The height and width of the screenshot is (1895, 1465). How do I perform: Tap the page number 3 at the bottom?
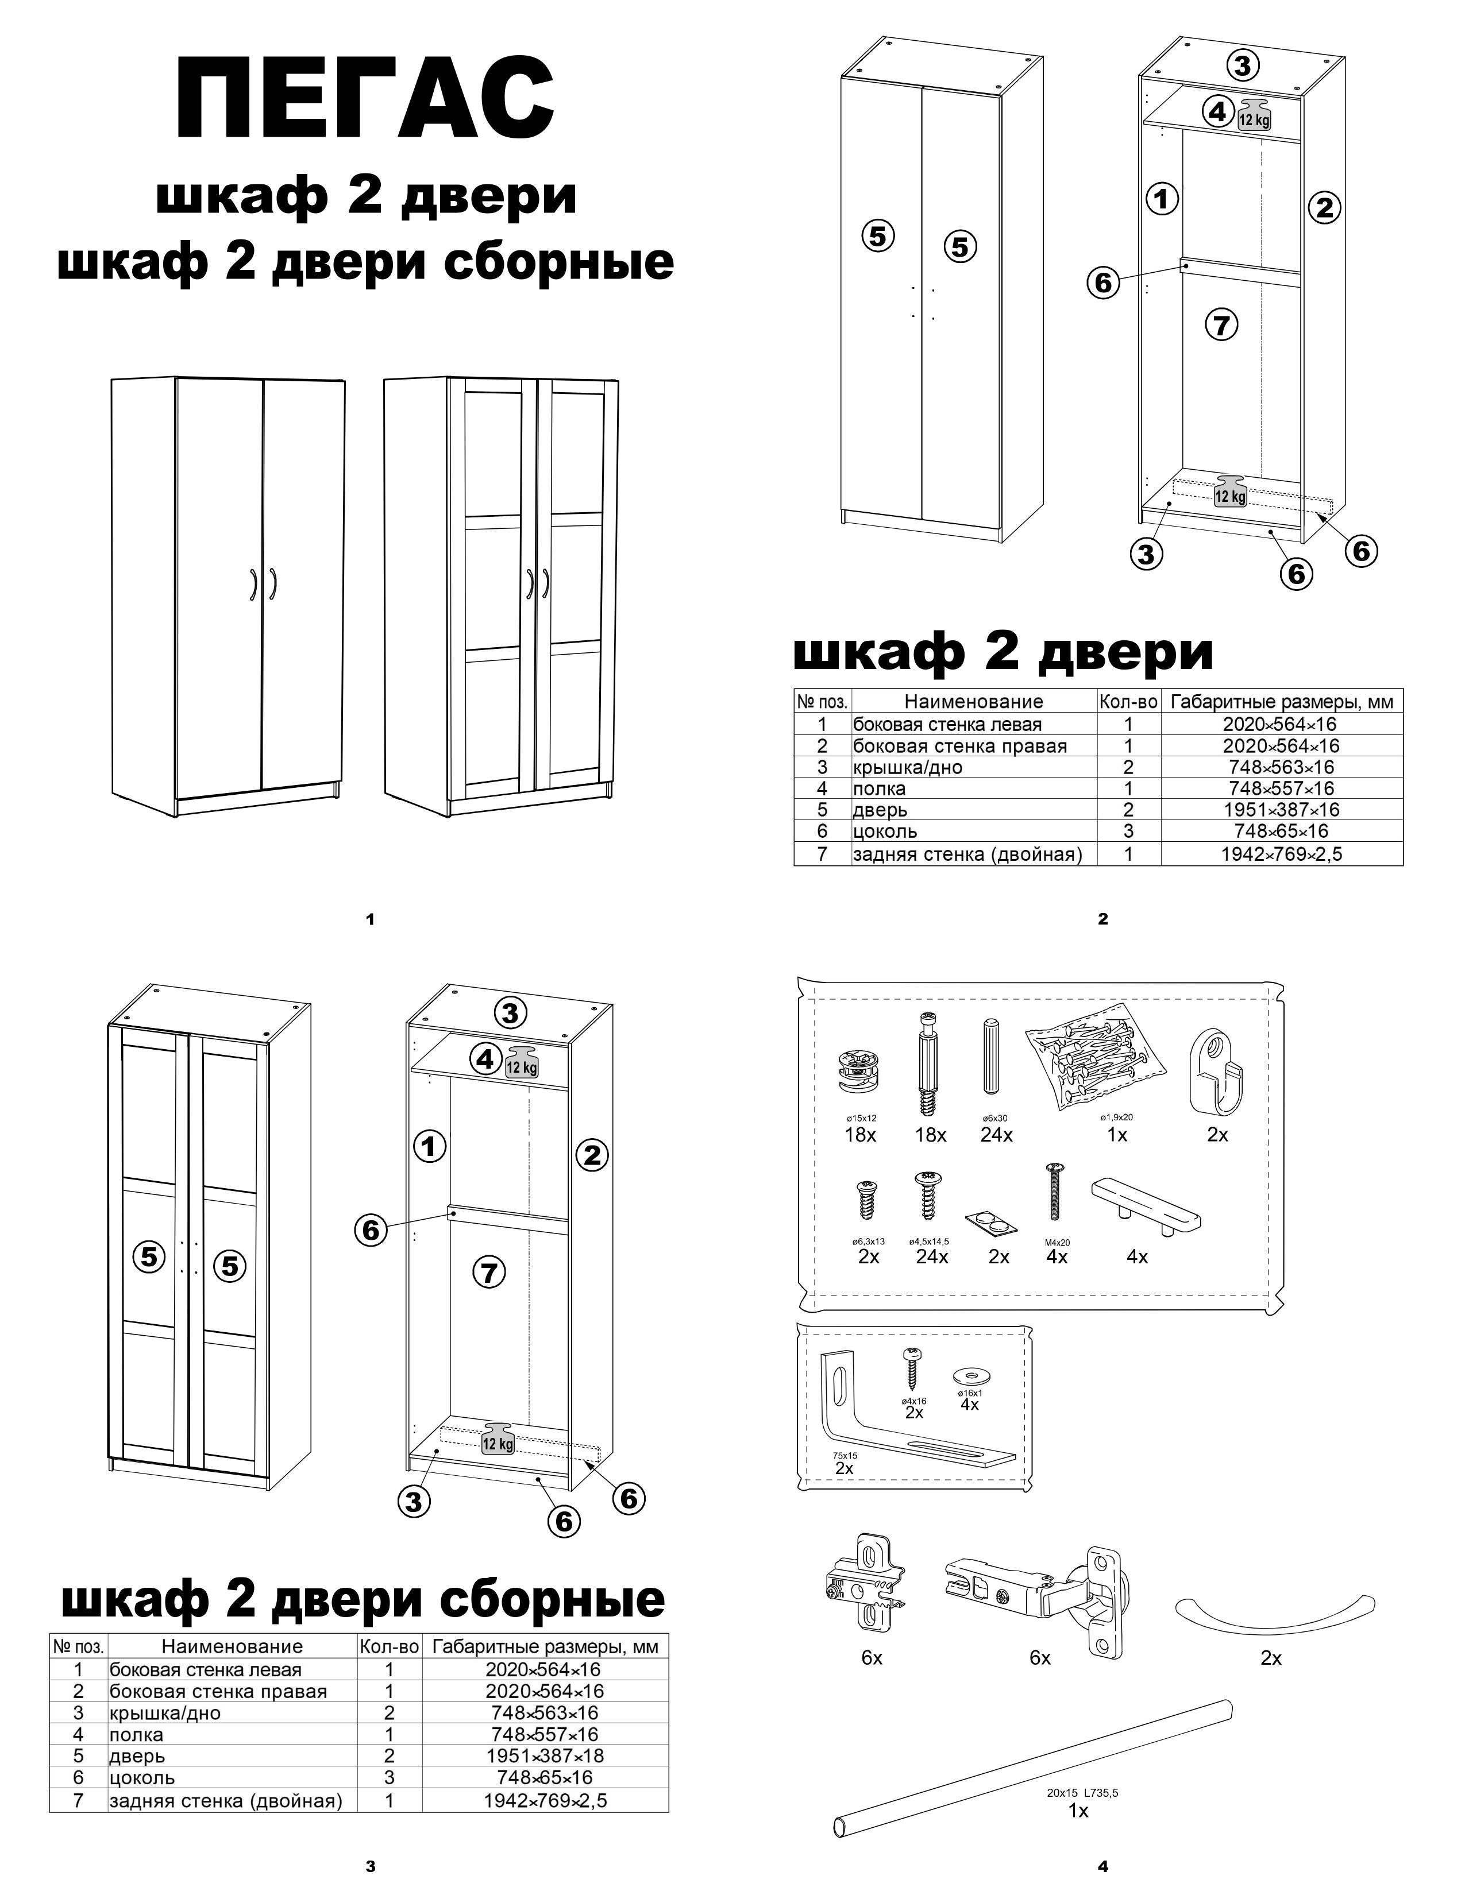pyautogui.click(x=371, y=1866)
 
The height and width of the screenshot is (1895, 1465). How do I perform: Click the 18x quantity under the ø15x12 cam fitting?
pyautogui.click(x=859, y=1134)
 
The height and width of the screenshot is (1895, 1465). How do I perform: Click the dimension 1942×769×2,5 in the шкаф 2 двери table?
pyautogui.click(x=1281, y=854)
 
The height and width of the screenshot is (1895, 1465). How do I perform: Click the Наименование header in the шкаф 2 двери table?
pyautogui.click(x=973, y=701)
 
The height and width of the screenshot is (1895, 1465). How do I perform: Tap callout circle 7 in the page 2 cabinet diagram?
pyautogui.click(x=1221, y=326)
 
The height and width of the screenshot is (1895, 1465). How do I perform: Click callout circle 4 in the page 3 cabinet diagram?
pyautogui.click(x=484, y=1058)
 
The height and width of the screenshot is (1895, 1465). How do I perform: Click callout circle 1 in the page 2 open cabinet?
pyautogui.click(x=1161, y=200)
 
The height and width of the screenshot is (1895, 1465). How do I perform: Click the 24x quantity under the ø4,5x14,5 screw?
pyautogui.click(x=931, y=1256)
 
